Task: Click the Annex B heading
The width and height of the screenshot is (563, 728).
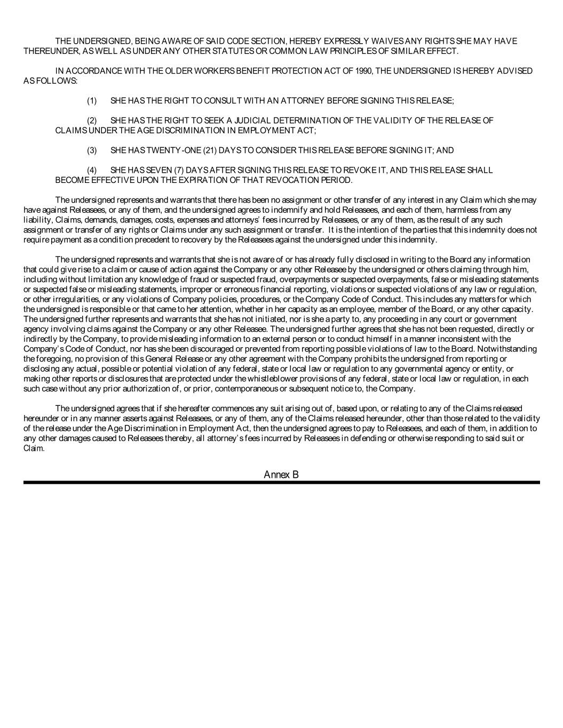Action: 281,475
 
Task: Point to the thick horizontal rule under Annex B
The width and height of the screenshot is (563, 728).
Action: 281,482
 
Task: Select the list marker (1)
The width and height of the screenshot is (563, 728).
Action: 92,101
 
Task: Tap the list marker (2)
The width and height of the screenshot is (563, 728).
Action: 92,121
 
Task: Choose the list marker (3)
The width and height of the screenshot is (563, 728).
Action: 92,151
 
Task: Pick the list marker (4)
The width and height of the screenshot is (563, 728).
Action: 92,171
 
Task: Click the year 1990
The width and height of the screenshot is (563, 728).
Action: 363,71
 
